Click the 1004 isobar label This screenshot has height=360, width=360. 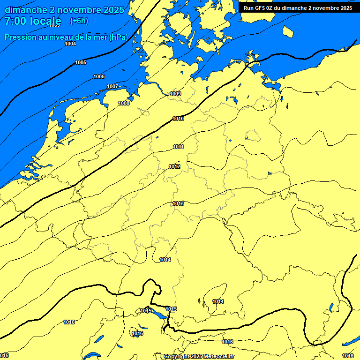pyautogui.click(x=70, y=44)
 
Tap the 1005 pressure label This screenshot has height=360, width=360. pyautogui.click(x=81, y=62)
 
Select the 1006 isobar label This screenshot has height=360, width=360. pyautogui.click(x=99, y=76)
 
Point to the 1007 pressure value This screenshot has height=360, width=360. pyautogui.click(x=112, y=86)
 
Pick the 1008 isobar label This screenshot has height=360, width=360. pyautogui.click(x=124, y=103)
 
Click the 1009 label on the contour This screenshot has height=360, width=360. pyautogui.click(x=175, y=94)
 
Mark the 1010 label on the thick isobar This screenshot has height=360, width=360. pyautogui.click(x=178, y=119)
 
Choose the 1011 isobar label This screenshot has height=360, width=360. pyautogui.click(x=178, y=147)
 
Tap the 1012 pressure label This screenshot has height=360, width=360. pyautogui.click(x=174, y=167)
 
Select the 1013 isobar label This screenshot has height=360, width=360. pyautogui.click(x=178, y=203)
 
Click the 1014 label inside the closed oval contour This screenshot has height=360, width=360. pyautogui.click(x=218, y=301)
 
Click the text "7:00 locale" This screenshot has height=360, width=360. pyautogui.click(x=33, y=21)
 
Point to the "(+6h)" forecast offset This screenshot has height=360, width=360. pyautogui.click(x=79, y=21)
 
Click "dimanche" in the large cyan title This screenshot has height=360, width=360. pyautogui.click(x=26, y=10)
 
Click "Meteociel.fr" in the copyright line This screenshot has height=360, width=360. pyautogui.click(x=218, y=357)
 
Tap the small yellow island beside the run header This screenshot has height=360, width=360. pyautogui.click(x=288, y=31)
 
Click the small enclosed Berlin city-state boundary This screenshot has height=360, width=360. pyautogui.click(x=252, y=136)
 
